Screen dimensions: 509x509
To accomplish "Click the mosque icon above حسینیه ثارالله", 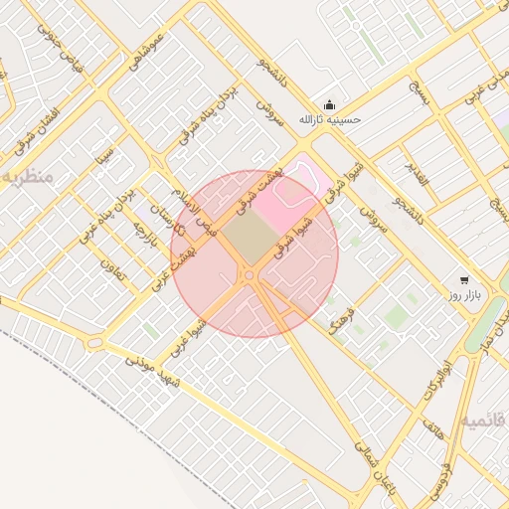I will [x=329, y=105].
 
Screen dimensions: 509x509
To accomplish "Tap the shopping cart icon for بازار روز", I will [x=464, y=280].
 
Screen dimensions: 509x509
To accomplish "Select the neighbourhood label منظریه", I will [x=25, y=176].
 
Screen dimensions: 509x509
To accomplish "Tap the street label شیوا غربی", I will [x=188, y=336].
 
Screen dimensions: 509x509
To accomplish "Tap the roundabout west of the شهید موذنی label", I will [x=94, y=343].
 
